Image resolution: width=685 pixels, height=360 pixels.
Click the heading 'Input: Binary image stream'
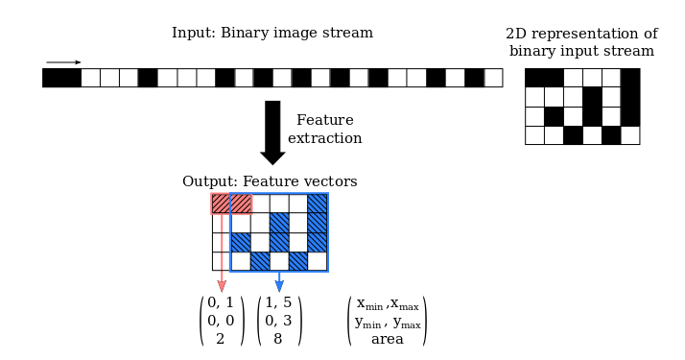tap(272, 34)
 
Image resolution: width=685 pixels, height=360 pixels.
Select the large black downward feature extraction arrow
tap(272, 131)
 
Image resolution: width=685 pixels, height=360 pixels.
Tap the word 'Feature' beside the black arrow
tap(324, 121)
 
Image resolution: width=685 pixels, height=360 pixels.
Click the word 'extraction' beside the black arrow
tap(324, 139)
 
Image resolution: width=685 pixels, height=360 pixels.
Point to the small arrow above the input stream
tap(63, 61)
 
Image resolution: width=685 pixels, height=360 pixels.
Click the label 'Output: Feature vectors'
tap(270, 181)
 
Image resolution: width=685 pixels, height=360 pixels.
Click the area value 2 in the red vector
tap(221, 338)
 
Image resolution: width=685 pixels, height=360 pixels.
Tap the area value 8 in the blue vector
tap(278, 338)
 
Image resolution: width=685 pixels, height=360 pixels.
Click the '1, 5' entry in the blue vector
tap(278, 303)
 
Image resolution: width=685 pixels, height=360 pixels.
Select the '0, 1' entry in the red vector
tap(221, 303)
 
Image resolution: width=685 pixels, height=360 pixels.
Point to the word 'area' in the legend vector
tap(387, 339)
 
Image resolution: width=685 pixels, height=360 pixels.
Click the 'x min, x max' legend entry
tap(387, 304)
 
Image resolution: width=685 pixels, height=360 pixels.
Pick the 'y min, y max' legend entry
tap(387, 323)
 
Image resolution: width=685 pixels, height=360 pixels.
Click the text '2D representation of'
tap(581, 34)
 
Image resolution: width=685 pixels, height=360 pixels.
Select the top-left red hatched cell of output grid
tap(222, 204)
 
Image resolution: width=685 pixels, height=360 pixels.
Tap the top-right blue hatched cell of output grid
tap(318, 204)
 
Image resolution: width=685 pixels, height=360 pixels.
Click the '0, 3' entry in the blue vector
tap(278, 321)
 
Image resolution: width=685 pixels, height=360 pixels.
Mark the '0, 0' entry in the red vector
tap(221, 321)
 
